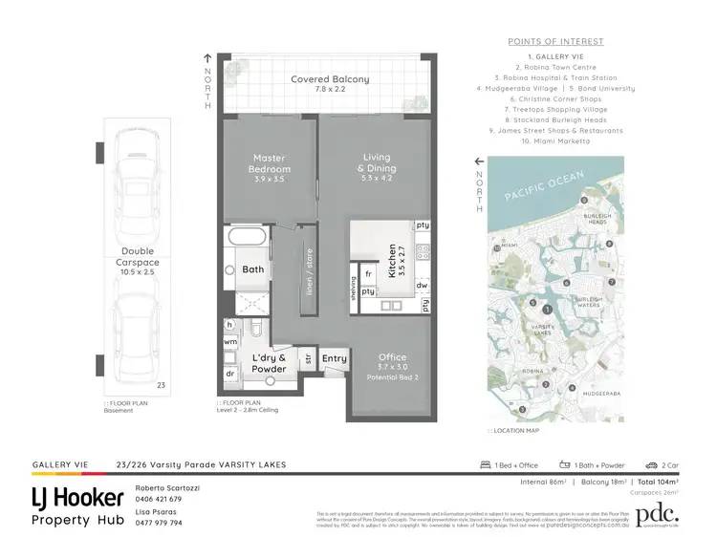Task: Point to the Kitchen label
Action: click(392, 260)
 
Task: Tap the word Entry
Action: click(335, 358)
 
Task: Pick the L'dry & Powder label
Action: click(270, 362)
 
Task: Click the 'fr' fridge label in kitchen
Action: click(368, 274)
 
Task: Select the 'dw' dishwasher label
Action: click(423, 285)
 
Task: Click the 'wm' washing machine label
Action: click(230, 341)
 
